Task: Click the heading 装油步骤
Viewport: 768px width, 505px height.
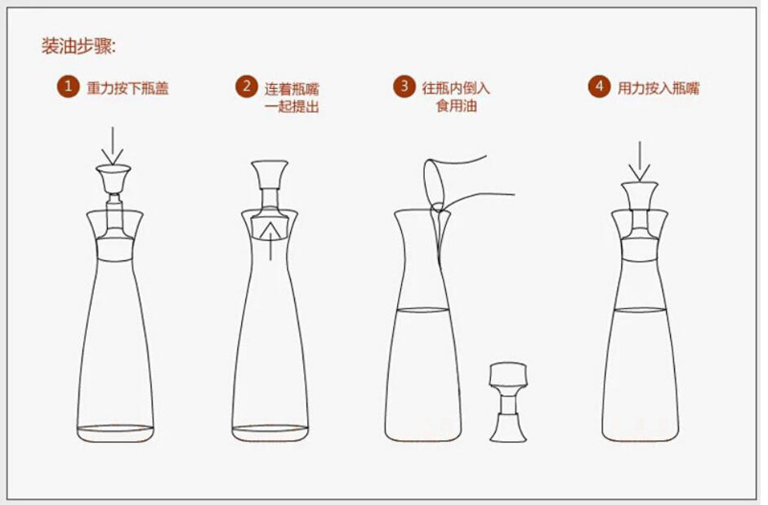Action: pyautogui.click(x=79, y=46)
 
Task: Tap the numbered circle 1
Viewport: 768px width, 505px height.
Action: pyautogui.click(x=68, y=87)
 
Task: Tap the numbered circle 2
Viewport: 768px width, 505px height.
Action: pyautogui.click(x=246, y=87)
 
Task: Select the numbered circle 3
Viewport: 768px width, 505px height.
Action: pyautogui.click(x=404, y=87)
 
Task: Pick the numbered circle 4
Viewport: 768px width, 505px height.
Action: pyautogui.click(x=599, y=87)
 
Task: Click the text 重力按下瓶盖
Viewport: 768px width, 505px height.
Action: pyautogui.click(x=127, y=88)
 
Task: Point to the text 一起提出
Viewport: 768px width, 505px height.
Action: pyautogui.click(x=292, y=107)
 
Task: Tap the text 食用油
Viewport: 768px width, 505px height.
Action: pyautogui.click(x=456, y=107)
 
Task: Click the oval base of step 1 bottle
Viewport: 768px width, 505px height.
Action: pyautogui.click(x=115, y=429)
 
